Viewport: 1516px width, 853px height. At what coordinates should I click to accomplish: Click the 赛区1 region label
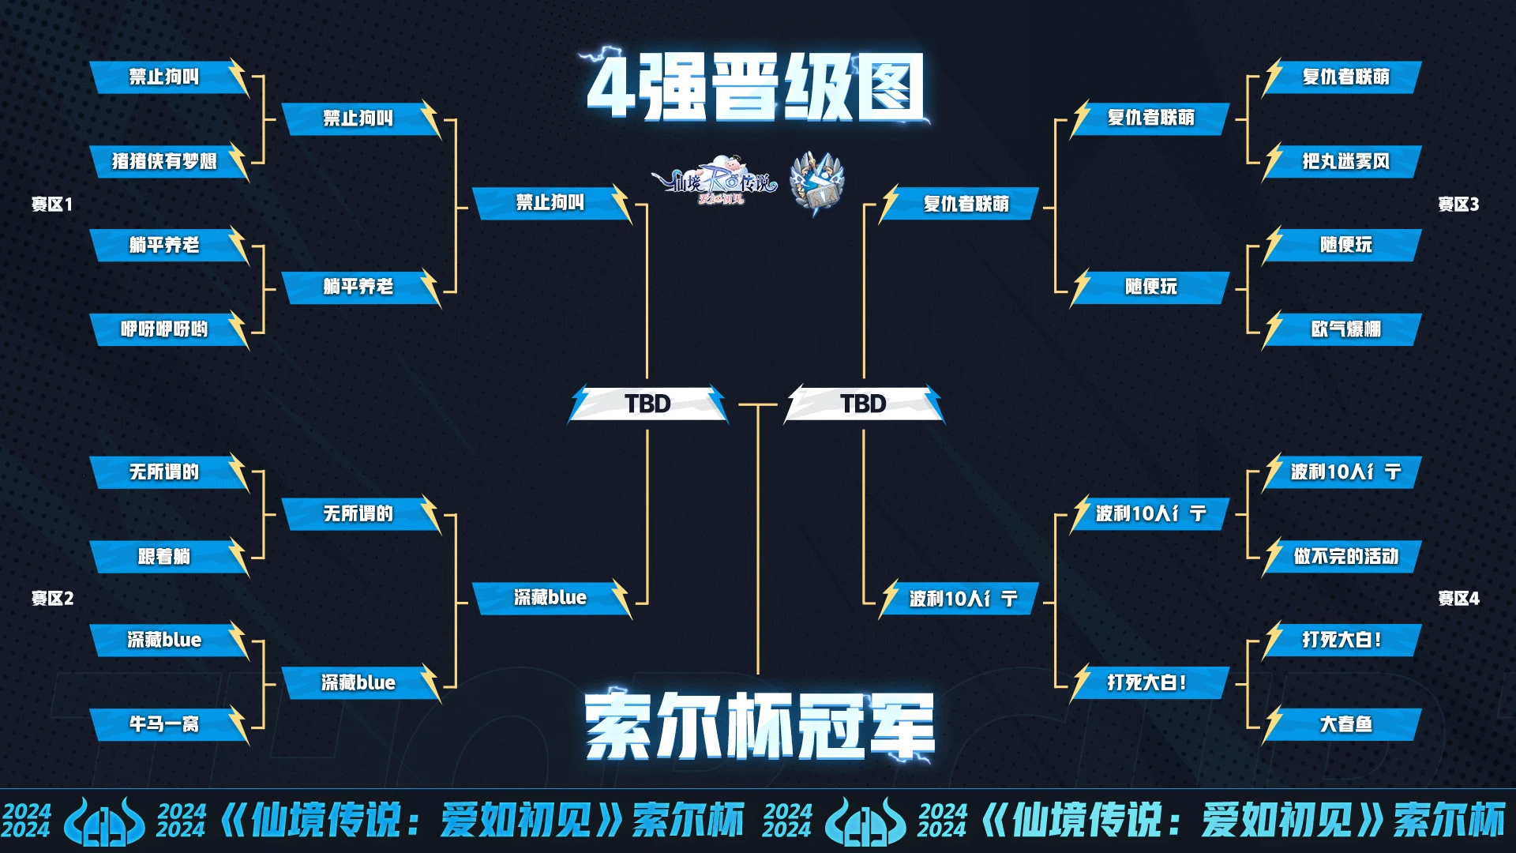pyautogui.click(x=52, y=205)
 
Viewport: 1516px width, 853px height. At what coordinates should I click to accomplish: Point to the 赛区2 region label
pyautogui.click(x=52, y=599)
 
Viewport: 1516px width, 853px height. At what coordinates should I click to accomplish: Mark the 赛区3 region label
pyautogui.click(x=1458, y=205)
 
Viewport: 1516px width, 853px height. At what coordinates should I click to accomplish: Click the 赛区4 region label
pyautogui.click(x=1458, y=599)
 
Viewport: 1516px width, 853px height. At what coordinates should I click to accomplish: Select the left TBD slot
pyautogui.click(x=647, y=404)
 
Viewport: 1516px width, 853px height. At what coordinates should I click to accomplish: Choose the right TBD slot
pyautogui.click(x=864, y=404)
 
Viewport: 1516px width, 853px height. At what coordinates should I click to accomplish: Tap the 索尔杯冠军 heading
pyautogui.click(x=759, y=724)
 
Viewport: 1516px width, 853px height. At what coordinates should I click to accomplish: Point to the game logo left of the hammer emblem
pyautogui.click(x=715, y=181)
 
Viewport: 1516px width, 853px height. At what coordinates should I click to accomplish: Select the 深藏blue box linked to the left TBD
pyautogui.click(x=552, y=598)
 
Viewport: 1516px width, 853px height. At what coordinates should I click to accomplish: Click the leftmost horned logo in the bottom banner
pyautogui.click(x=104, y=821)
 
